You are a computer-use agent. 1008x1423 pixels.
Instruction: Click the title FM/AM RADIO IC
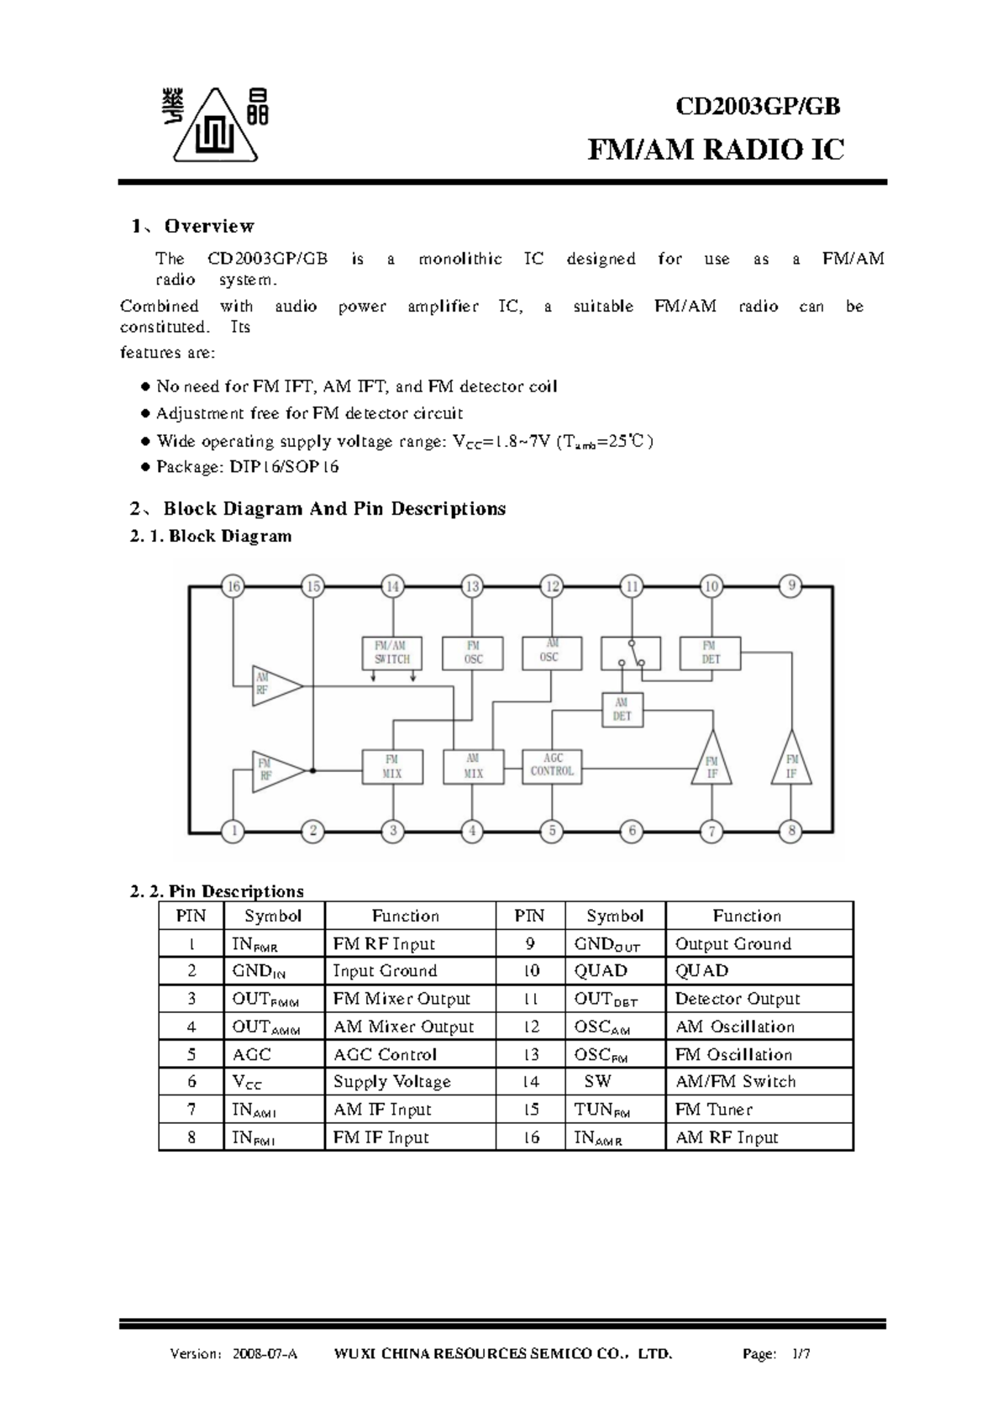pos(715,150)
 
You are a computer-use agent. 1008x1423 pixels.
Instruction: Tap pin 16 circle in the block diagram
pos(234,586)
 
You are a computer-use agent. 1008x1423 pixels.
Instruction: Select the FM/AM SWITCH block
pos(392,653)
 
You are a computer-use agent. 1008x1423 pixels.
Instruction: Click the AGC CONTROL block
pos(552,765)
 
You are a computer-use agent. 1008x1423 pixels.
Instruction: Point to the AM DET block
pos(622,710)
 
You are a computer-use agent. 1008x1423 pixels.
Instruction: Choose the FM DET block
pos(710,653)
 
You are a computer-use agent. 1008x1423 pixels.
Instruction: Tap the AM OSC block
pos(550,651)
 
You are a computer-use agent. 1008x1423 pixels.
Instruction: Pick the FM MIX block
pos(392,766)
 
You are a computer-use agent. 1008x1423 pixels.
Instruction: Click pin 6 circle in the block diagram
pos(632,832)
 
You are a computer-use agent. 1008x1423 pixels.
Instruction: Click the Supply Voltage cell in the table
pos(392,1082)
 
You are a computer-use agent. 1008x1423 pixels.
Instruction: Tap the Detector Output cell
pos(738,999)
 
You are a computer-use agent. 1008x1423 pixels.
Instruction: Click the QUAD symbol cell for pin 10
pos(601,971)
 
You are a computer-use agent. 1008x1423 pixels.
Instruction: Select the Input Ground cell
pos(385,971)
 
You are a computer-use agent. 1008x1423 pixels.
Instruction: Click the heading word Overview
pos(209,226)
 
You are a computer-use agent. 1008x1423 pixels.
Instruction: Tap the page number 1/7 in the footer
pos(801,1354)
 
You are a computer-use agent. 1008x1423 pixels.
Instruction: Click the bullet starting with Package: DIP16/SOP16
pos(248,467)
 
